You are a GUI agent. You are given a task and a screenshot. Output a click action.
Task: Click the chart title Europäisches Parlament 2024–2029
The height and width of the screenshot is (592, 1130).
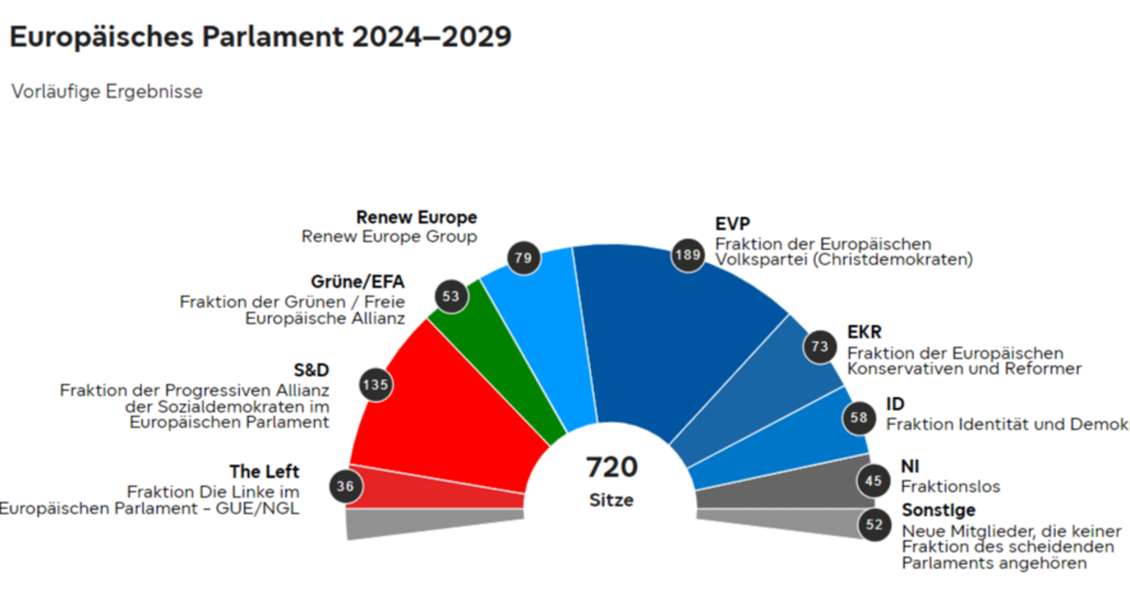pos(260,37)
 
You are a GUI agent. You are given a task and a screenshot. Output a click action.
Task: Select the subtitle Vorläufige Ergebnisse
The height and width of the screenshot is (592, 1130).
pos(107,92)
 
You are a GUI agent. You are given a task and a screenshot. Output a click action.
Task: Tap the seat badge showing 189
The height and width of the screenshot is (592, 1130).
pos(687,255)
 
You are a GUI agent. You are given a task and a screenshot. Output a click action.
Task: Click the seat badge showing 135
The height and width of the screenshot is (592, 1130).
pos(375,384)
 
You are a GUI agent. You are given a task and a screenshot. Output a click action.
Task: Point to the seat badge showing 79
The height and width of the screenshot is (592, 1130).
pos(523,259)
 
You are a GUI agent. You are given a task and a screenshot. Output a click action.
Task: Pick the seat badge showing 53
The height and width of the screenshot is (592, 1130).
pos(452,296)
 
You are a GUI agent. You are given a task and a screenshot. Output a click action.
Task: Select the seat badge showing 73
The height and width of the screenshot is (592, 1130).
pos(819,346)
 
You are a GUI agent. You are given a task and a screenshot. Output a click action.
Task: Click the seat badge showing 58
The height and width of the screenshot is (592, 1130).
pos(859,418)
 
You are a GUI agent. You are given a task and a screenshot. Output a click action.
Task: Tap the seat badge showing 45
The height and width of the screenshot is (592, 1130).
pos(873,482)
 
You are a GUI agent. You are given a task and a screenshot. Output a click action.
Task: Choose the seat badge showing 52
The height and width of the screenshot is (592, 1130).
pos(874,525)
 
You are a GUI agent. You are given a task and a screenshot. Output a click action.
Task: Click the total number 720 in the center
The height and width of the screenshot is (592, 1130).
pos(612,467)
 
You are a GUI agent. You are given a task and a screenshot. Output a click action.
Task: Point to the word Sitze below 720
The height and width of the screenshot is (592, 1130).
pos(612,500)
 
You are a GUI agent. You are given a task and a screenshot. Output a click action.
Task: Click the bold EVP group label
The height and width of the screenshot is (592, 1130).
pos(733,224)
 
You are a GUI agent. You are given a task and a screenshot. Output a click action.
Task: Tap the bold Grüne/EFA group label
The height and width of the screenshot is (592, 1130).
pos(358,282)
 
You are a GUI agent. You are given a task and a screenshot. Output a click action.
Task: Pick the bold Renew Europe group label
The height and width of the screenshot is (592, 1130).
pos(416,217)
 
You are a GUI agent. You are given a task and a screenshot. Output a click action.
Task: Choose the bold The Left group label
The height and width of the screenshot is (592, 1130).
pos(264,472)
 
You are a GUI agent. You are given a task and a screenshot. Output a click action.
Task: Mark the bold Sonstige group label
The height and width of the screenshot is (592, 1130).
pos(938,511)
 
